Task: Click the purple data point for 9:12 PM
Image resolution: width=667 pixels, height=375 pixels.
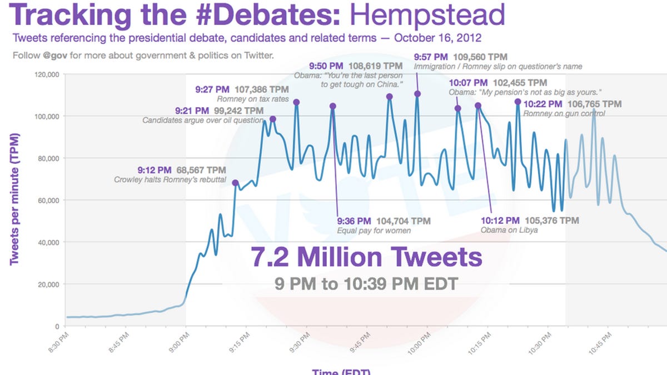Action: (x=235, y=183)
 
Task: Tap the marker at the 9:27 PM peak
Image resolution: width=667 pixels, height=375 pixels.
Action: (x=296, y=102)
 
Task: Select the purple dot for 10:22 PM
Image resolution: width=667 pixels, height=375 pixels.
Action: (x=517, y=102)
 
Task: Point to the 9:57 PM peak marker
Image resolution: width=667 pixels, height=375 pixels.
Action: (x=417, y=94)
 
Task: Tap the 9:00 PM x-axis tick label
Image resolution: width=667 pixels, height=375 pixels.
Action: (x=179, y=340)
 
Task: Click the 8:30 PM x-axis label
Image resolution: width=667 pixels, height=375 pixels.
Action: (x=59, y=340)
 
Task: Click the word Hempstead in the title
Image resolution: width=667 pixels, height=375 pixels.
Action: (x=427, y=15)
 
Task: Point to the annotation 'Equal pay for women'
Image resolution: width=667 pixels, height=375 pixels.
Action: (x=374, y=231)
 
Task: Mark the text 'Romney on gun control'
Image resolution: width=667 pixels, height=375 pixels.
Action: (x=564, y=113)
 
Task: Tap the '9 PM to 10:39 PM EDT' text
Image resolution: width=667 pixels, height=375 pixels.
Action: (x=366, y=284)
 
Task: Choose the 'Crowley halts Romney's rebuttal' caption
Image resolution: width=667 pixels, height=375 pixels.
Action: (x=170, y=179)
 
